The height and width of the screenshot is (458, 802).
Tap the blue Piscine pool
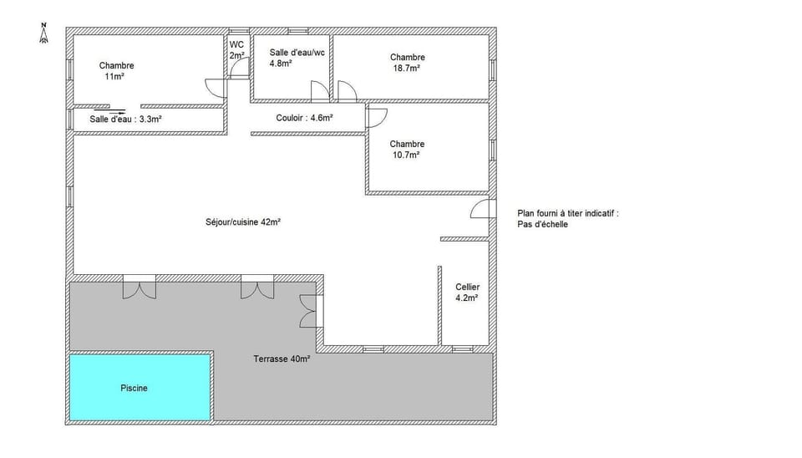[x=139, y=388]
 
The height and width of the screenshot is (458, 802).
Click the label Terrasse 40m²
[x=282, y=359]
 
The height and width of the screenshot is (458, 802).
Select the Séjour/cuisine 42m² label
[x=242, y=222]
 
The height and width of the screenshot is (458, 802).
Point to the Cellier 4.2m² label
[x=467, y=292]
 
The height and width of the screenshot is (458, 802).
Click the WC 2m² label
[x=236, y=50]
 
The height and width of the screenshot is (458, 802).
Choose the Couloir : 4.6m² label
[x=304, y=118]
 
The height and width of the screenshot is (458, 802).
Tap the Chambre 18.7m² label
[x=408, y=63]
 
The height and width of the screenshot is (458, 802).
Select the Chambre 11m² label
[x=116, y=71]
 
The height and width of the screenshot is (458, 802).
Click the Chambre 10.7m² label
[x=407, y=149]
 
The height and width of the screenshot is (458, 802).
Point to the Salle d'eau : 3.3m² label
[x=125, y=119]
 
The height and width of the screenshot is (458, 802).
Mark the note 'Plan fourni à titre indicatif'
[x=568, y=214]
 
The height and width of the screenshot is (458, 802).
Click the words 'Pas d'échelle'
[x=542, y=225]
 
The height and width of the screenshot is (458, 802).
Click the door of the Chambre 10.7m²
[x=375, y=117]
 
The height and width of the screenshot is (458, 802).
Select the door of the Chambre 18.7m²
[x=347, y=90]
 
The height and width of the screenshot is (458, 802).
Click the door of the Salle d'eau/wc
[x=319, y=90]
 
